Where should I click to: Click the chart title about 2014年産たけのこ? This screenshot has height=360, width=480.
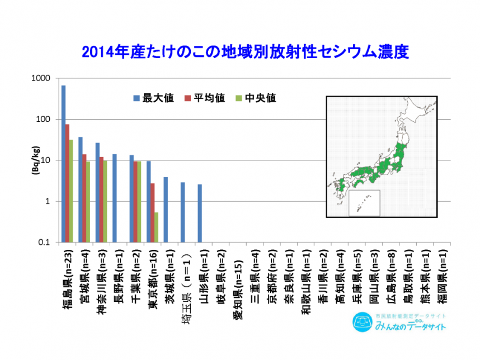(x=245, y=53)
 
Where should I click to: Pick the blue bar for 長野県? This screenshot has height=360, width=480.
(x=114, y=198)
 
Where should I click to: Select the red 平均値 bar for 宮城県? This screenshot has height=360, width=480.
(x=84, y=198)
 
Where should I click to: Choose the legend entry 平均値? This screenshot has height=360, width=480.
(x=205, y=98)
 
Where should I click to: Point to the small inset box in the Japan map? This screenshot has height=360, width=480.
(x=364, y=203)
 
